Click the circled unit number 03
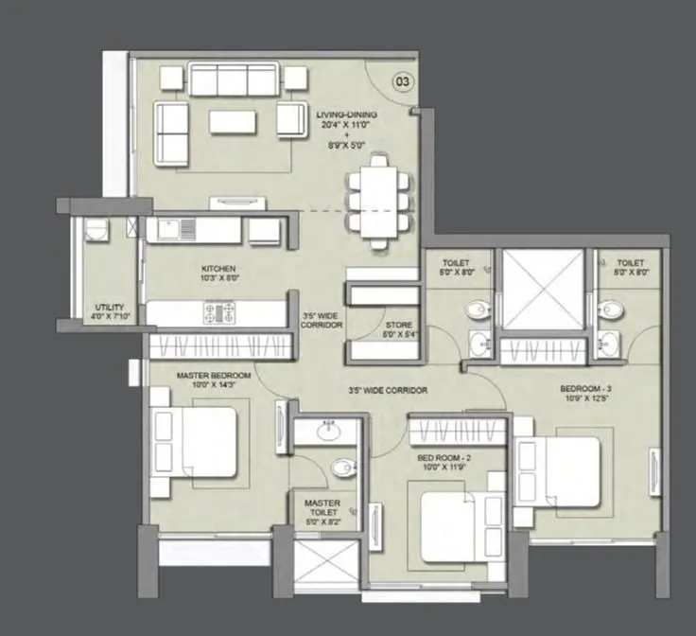pos(402,82)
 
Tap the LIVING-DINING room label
pos(347,115)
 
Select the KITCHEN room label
pos(217,269)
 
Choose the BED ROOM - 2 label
pos(444,457)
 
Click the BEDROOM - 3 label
pos(588,388)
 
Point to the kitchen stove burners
pos(217,311)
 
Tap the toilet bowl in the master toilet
pos(343,467)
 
